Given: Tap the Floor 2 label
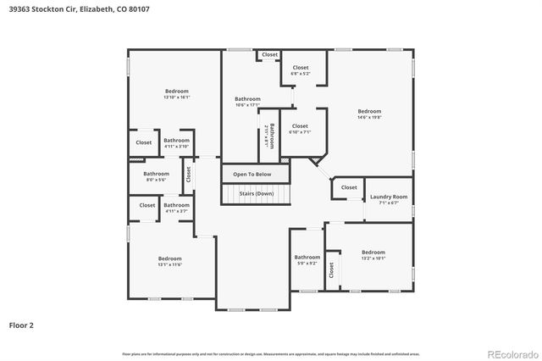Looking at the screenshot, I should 21,325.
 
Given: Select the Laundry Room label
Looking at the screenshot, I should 389,197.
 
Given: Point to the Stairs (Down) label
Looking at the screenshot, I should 256,193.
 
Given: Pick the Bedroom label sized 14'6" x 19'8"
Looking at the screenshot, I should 369,112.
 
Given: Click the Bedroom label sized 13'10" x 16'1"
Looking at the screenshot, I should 176,91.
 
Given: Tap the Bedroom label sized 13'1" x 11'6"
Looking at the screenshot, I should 169,258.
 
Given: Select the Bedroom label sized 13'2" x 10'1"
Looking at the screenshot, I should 373,253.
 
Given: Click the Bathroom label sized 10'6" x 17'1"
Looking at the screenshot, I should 247,99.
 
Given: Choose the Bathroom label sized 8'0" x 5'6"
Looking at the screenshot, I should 156,174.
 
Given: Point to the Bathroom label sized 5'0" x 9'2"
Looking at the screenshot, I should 307,258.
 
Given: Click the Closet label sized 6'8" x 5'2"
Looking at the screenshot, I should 301,68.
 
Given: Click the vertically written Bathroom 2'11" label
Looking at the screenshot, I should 270,136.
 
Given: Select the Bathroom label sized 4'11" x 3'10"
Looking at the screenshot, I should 176,141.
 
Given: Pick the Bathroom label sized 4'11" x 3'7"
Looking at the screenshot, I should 176,205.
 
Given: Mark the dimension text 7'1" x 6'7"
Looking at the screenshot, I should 389,203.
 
